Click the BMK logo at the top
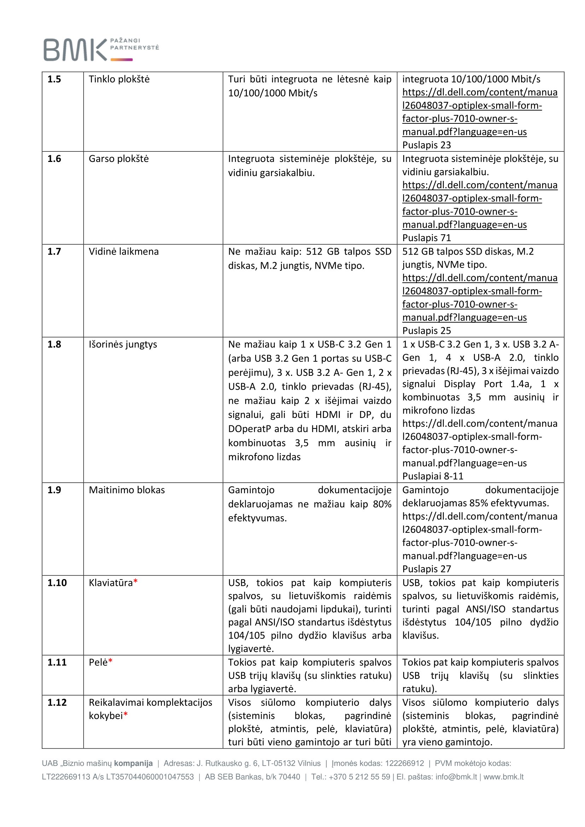(101, 49)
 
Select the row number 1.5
(54, 79)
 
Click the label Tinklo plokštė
(119, 79)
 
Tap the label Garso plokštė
(118, 159)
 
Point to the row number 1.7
(54, 251)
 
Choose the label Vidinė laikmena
(123, 251)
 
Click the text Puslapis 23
(427, 145)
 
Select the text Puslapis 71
(427, 238)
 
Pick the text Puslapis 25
(427, 331)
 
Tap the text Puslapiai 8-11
(433, 476)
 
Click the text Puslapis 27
(427, 569)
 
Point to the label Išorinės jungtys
(123, 344)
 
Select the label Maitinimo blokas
(127, 490)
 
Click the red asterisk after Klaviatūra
(135, 582)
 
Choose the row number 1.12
(57, 703)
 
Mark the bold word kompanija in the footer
(133, 763)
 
